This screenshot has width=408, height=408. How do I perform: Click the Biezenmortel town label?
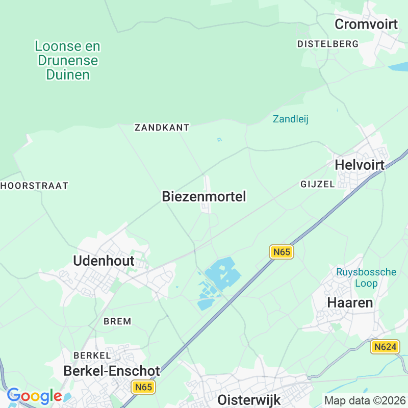pyautogui.click(x=204, y=196)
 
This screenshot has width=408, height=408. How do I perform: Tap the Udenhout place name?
pyautogui.click(x=104, y=261)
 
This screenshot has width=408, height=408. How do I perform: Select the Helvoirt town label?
pyautogui.click(x=360, y=165)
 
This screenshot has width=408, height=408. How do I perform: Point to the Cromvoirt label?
pyautogui.click(x=366, y=24)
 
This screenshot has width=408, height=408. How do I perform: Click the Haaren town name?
pyautogui.click(x=350, y=302)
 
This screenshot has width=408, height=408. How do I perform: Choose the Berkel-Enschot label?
pyautogui.click(x=112, y=371)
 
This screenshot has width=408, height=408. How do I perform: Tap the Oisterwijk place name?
pyautogui.click(x=249, y=399)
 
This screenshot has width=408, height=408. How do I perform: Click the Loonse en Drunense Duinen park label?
pyautogui.click(x=67, y=61)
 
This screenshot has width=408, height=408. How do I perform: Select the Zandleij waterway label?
pyautogui.click(x=291, y=119)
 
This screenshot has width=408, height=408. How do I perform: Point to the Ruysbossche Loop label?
pyautogui.click(x=366, y=277)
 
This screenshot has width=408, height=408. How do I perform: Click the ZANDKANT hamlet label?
pyautogui.click(x=162, y=127)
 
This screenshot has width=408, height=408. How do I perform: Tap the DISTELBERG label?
pyautogui.click(x=328, y=44)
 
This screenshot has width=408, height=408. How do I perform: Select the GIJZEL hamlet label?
pyautogui.click(x=317, y=184)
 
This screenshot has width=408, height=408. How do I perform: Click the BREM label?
pyautogui.click(x=117, y=321)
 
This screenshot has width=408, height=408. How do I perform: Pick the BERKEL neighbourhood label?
pyautogui.click(x=92, y=355)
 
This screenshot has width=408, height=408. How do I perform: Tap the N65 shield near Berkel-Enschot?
pyautogui.click(x=142, y=387)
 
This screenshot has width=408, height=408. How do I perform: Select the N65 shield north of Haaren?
pyautogui.click(x=282, y=251)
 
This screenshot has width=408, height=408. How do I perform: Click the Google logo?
pyautogui.click(x=34, y=396)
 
